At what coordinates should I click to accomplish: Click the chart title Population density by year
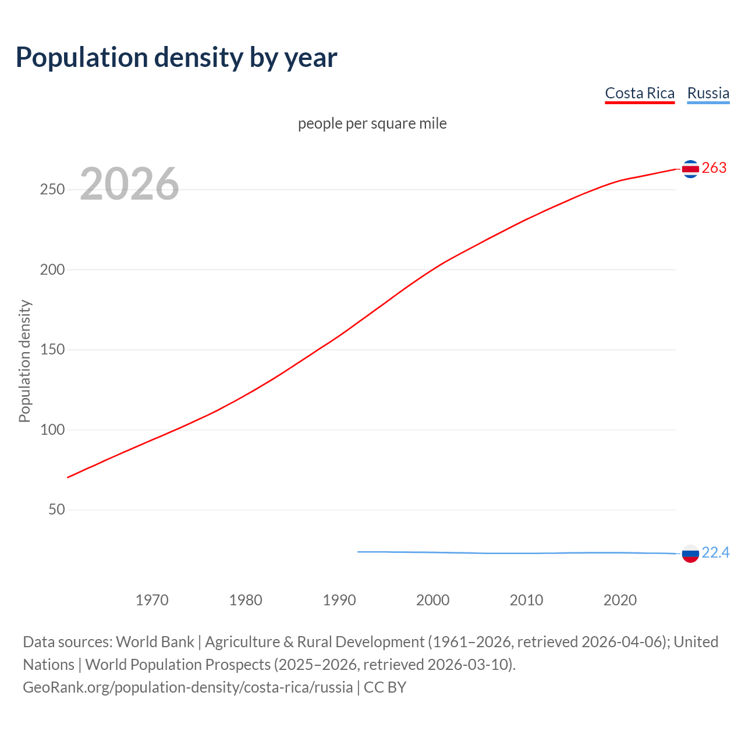(x=176, y=58)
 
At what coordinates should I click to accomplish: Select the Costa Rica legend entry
(x=640, y=93)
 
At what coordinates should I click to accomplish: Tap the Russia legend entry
(x=708, y=93)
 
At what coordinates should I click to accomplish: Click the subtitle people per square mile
(x=372, y=123)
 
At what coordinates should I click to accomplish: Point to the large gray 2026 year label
(x=129, y=184)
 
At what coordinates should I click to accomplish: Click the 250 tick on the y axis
(x=52, y=190)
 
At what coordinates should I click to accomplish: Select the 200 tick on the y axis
(x=52, y=269)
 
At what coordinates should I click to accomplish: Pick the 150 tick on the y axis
(x=52, y=350)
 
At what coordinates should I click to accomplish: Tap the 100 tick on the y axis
(x=52, y=430)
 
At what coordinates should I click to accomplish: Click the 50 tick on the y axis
(x=56, y=510)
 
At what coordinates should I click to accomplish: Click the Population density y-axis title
(x=24, y=361)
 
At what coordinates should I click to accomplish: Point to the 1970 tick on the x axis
(x=152, y=600)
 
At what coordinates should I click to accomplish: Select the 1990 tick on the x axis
(x=339, y=600)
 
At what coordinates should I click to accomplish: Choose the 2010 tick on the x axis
(x=526, y=600)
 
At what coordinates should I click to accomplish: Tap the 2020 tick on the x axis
(x=620, y=600)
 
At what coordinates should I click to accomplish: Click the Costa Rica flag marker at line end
(x=690, y=169)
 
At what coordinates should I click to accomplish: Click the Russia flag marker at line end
(x=690, y=554)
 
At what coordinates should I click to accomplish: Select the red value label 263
(x=714, y=168)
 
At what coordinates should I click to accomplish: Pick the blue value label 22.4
(x=715, y=552)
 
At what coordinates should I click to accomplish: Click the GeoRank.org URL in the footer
(x=187, y=687)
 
